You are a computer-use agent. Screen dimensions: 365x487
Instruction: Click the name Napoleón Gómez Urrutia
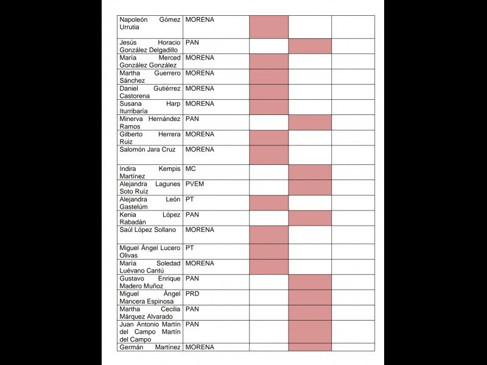(x=150, y=23)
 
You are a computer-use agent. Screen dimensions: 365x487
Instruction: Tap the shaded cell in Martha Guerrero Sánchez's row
(x=268, y=77)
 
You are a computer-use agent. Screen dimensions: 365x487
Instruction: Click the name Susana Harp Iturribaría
(x=150, y=107)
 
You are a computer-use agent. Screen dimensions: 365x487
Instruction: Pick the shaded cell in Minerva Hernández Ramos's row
(x=310, y=122)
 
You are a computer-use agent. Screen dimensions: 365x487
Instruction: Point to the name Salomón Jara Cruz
(x=147, y=150)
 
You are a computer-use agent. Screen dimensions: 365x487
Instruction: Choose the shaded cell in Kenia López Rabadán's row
(x=310, y=218)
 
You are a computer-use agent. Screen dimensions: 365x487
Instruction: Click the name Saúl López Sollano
(x=147, y=230)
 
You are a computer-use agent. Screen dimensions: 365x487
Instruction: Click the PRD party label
(x=192, y=294)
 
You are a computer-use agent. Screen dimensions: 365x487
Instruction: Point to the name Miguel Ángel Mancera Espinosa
(x=150, y=297)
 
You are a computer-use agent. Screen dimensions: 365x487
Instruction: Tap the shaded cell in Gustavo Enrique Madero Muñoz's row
(x=310, y=282)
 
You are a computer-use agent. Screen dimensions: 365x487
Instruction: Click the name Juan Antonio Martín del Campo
(x=150, y=332)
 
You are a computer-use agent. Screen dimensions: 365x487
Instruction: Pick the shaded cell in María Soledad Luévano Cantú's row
(x=268, y=266)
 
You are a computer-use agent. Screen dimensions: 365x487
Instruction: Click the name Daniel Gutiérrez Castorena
(x=150, y=92)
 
